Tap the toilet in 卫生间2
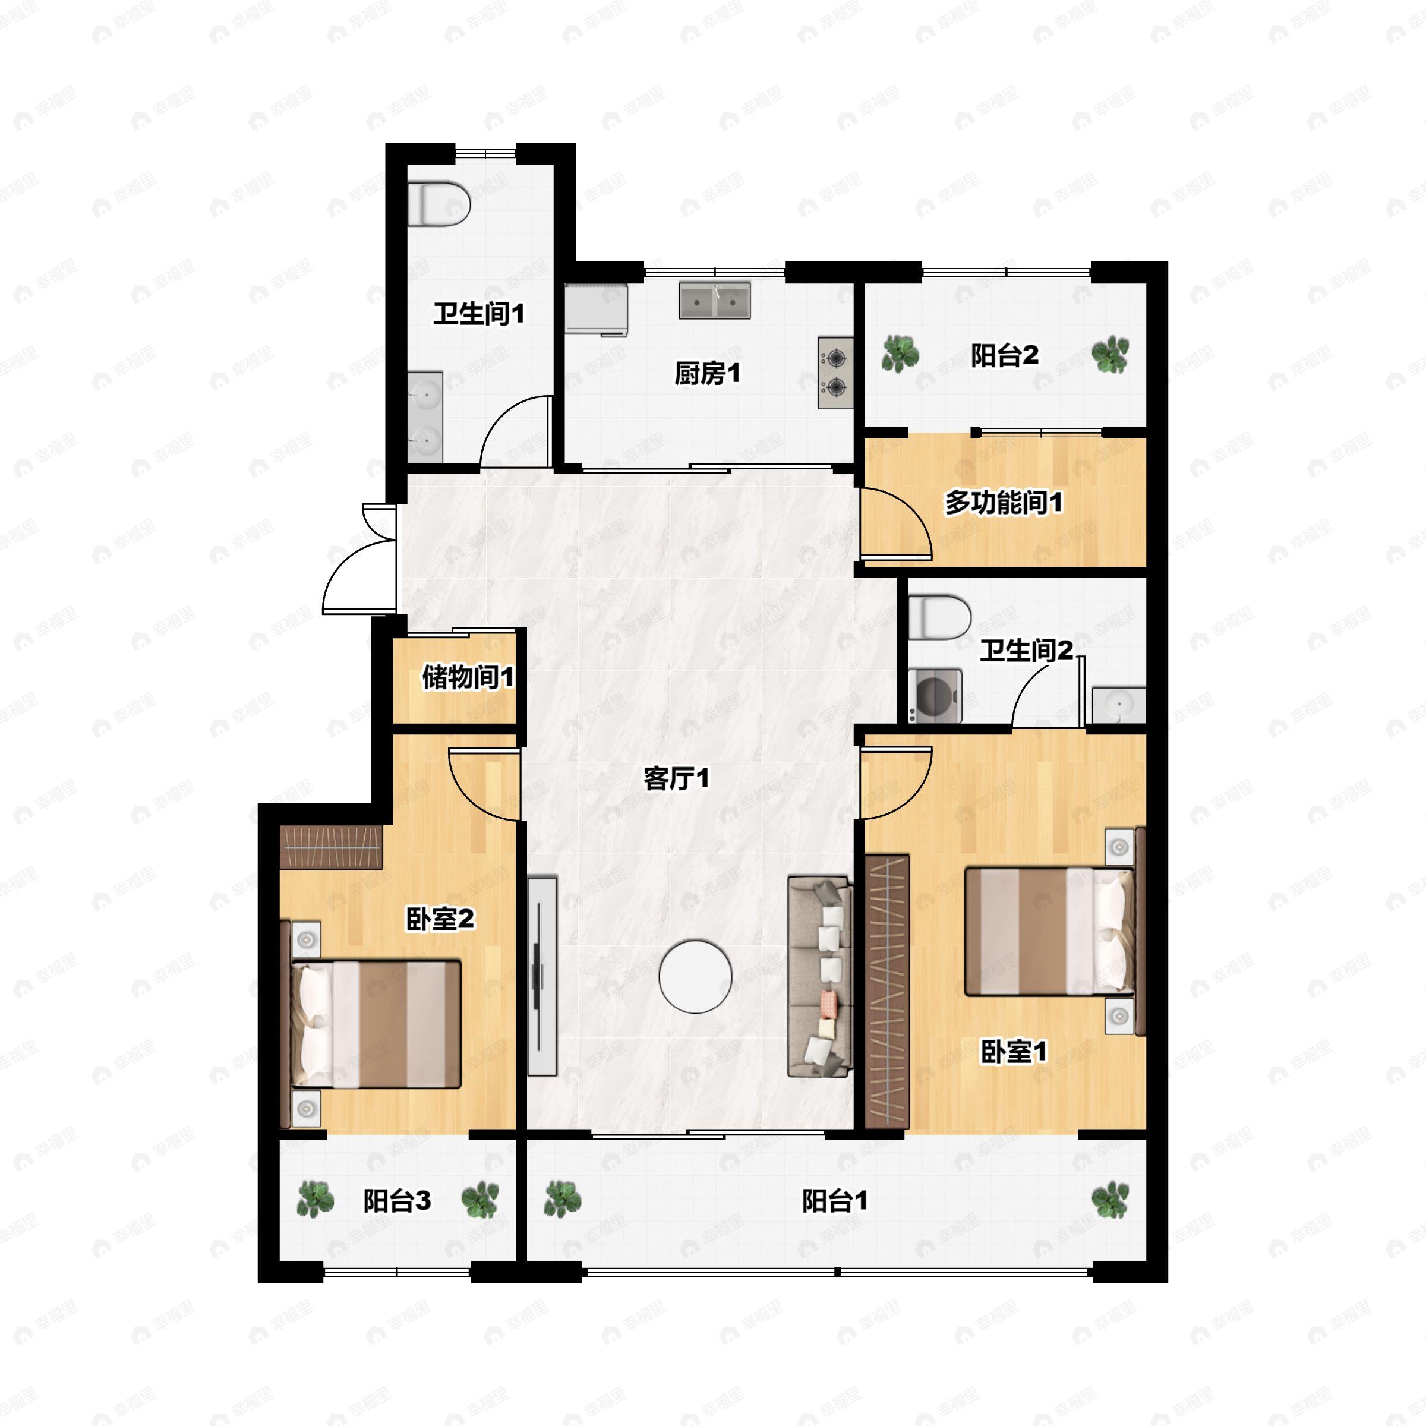939,618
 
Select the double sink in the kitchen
714,301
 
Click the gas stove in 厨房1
835,373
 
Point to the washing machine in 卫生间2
935,695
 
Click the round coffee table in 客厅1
695,976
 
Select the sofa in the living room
820,976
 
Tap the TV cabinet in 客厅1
542,976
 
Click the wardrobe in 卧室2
332,847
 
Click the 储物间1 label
468,676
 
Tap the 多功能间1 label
1004,503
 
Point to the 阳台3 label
396,1201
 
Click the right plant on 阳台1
1110,1200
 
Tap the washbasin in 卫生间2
1119,705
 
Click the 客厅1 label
676,778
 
